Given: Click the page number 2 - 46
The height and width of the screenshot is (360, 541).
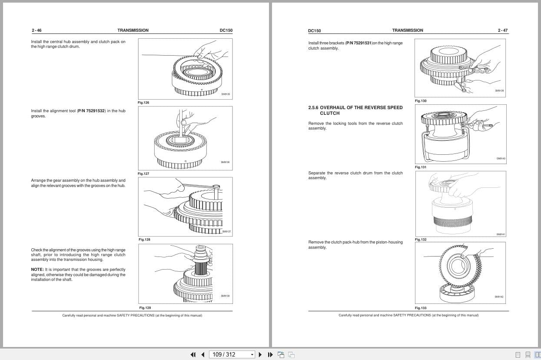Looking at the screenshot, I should (x=37, y=30).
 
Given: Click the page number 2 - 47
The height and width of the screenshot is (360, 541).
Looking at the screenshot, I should (x=503, y=30).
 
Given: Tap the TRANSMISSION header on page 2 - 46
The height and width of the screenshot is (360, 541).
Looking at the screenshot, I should (x=133, y=30).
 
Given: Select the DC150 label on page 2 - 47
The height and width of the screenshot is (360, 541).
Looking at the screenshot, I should (x=314, y=31).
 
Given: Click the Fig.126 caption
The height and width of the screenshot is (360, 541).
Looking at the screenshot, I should (x=143, y=103).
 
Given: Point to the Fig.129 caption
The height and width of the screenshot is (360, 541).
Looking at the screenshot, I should (x=145, y=308).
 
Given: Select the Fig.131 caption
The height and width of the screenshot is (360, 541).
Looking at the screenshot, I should (x=420, y=167).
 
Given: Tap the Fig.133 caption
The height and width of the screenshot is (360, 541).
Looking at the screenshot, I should (x=420, y=308).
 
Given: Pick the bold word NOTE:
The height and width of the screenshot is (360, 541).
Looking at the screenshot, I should (x=37, y=270).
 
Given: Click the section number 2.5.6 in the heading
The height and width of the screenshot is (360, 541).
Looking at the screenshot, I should (x=313, y=107).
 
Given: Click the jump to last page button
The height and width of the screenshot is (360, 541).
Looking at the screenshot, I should (x=270, y=354).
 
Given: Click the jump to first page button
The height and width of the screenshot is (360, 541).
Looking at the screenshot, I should (x=193, y=354).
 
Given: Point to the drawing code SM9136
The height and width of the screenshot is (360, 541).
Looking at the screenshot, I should (x=225, y=162).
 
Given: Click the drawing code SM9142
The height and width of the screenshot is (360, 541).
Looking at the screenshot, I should (x=498, y=297).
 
